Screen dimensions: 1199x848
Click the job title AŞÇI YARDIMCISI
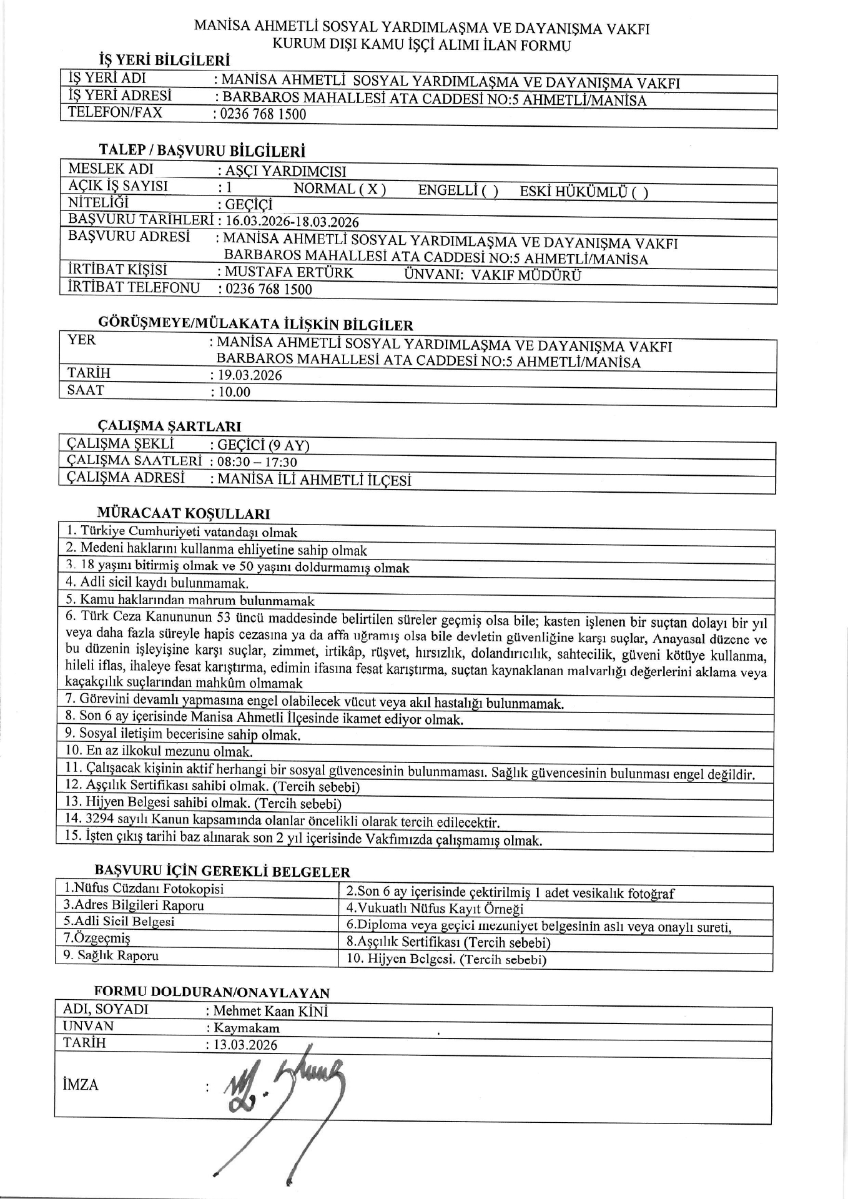285,172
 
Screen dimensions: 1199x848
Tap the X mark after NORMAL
372,189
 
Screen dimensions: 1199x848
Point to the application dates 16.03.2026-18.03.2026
292,222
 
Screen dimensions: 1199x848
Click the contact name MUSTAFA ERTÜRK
288,272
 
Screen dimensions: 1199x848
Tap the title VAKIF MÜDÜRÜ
526,275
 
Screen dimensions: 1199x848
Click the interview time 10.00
234,392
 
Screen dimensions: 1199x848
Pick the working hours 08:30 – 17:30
257,463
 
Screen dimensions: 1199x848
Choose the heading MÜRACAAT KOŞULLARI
184,514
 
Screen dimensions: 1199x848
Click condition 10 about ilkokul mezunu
159,751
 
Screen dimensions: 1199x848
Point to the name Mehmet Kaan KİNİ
270,1011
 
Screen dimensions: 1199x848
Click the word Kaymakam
247,1028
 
